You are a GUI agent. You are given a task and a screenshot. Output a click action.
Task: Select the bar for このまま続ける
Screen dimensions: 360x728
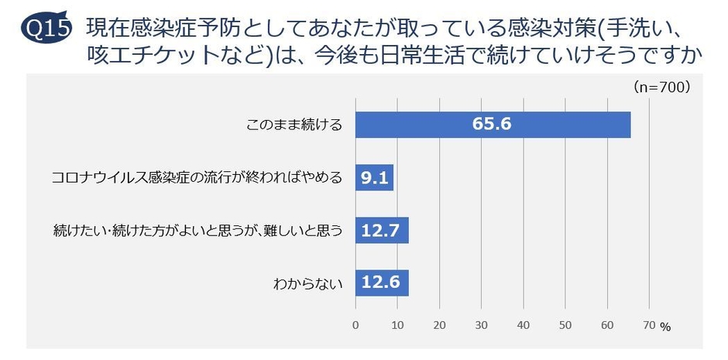(x=493, y=125)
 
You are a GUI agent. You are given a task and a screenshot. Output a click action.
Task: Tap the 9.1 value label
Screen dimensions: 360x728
(x=375, y=177)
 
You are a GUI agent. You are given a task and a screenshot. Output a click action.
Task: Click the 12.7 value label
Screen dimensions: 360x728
(x=382, y=230)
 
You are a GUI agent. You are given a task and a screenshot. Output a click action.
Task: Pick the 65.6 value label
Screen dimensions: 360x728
(x=493, y=125)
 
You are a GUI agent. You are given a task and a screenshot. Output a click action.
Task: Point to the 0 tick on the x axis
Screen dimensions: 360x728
(x=355, y=324)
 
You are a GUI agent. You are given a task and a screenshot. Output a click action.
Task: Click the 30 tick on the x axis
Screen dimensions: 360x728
(x=482, y=324)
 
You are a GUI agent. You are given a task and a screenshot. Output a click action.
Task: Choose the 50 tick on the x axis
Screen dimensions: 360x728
(x=565, y=324)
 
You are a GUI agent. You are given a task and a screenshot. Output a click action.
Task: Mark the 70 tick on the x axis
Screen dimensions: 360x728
(x=649, y=324)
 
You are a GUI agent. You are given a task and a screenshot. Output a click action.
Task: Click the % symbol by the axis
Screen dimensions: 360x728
(x=665, y=327)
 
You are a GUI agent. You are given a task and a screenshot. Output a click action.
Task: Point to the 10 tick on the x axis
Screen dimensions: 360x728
(x=397, y=324)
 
